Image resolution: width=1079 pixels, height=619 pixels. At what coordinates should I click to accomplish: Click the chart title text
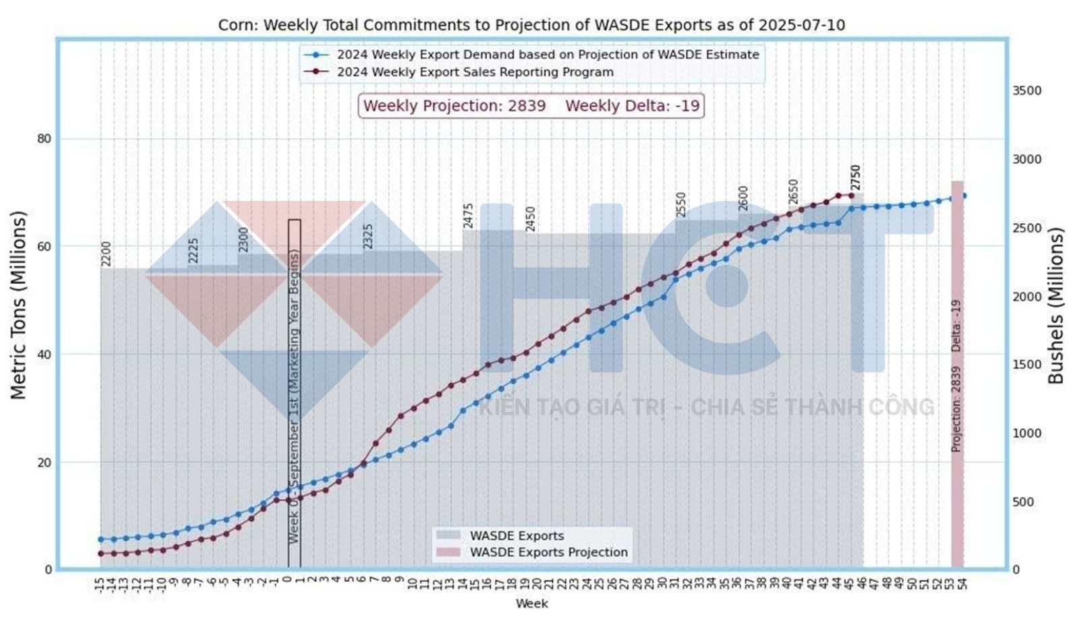tap(531, 26)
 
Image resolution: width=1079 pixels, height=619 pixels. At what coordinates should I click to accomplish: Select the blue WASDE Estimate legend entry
tap(548, 55)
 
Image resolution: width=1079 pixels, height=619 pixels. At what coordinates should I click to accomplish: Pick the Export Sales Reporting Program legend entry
tap(475, 72)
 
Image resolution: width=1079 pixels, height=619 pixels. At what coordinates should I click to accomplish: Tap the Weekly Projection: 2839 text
tap(454, 106)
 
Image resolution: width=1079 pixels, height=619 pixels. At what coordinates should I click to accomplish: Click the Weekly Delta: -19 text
tap(632, 106)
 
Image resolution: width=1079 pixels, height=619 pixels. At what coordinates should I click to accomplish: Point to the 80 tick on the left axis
tap(44, 139)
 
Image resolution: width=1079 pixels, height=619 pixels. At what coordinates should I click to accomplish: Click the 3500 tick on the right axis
tap(1026, 90)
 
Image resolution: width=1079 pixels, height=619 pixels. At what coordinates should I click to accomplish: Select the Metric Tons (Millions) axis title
tap(18, 305)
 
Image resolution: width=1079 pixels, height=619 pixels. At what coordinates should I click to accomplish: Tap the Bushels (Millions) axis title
tap(1055, 305)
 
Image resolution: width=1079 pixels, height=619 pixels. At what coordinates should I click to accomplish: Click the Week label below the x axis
tap(531, 603)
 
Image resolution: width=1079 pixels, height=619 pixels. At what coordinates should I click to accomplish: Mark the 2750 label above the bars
tap(856, 177)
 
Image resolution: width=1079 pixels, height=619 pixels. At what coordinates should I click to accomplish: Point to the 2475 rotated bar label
tap(469, 216)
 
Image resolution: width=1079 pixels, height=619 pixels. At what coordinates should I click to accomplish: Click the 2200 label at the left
tap(106, 254)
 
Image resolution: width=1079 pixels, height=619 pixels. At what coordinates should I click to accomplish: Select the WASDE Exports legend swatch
tap(448, 536)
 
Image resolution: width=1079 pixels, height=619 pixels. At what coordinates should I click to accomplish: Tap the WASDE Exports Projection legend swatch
tap(448, 552)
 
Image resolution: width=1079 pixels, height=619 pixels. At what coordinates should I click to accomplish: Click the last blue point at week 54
tap(964, 196)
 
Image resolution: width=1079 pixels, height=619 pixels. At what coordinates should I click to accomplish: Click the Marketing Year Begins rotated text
tap(294, 396)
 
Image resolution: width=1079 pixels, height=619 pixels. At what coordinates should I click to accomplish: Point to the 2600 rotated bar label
tap(743, 198)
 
